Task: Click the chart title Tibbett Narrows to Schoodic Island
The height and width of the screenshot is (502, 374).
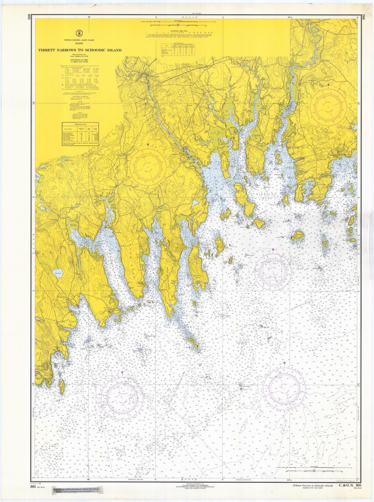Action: (80, 50)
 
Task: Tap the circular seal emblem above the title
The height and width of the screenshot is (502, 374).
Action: (79, 33)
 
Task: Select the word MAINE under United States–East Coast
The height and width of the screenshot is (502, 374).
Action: (79, 43)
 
